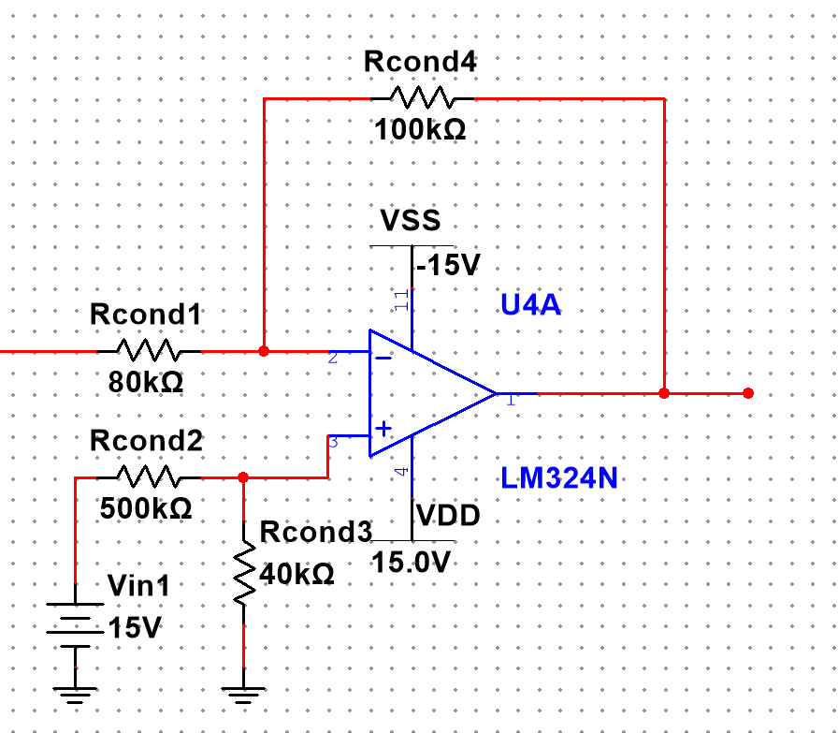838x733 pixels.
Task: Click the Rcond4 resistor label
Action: pyautogui.click(x=420, y=64)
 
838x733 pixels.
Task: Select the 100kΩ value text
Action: pyautogui.click(x=420, y=129)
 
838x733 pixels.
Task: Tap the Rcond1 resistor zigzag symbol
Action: pyautogui.click(x=149, y=351)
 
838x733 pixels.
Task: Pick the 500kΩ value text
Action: pyautogui.click(x=146, y=508)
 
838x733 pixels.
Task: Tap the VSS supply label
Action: pyautogui.click(x=410, y=222)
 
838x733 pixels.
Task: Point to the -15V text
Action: pyautogui.click(x=448, y=265)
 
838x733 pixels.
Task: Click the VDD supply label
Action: pyautogui.click(x=448, y=516)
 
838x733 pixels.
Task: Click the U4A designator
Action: pyautogui.click(x=531, y=305)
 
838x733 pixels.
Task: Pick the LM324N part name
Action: pyautogui.click(x=559, y=478)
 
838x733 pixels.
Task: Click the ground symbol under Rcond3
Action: pyautogui.click(x=243, y=694)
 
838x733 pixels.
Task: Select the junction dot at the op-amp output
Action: pyautogui.click(x=664, y=393)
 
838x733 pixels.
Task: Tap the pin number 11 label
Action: pyautogui.click(x=402, y=301)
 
